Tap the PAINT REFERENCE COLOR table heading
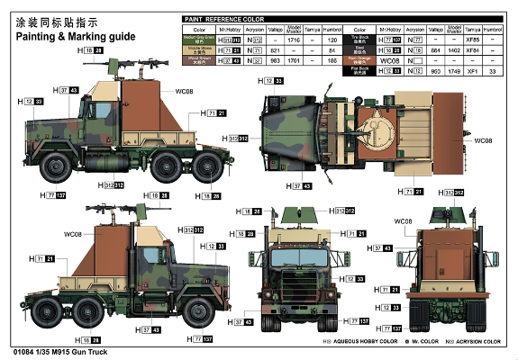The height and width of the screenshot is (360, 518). pyautogui.click(x=225, y=18)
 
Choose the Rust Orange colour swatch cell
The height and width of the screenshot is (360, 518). pyautogui.click(x=369, y=60)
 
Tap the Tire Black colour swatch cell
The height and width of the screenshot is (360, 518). pyautogui.click(x=369, y=40)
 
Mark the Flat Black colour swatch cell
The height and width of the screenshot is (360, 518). pyautogui.click(x=369, y=70)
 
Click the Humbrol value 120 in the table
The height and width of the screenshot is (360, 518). pyautogui.click(x=333, y=40)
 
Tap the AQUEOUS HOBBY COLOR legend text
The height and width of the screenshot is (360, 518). pyautogui.click(x=343, y=343)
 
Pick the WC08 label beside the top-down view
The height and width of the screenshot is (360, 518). pyautogui.click(x=484, y=141)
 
